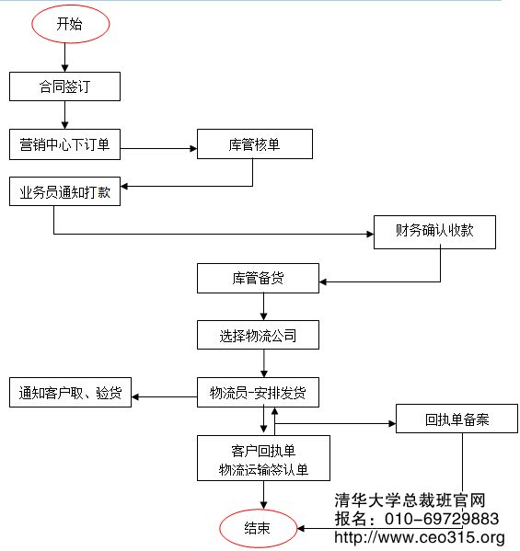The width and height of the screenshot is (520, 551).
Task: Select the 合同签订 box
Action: (64, 86)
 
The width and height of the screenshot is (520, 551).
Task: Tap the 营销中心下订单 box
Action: (64, 143)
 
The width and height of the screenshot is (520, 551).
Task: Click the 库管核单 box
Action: (255, 143)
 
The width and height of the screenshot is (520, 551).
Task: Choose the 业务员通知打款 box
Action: (64, 191)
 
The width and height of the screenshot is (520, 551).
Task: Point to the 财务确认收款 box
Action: (434, 232)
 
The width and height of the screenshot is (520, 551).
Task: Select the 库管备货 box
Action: (258, 279)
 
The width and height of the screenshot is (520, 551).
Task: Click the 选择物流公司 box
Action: (258, 335)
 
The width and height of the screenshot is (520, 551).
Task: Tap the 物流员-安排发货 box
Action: (258, 393)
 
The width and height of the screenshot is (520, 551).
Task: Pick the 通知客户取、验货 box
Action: (70, 393)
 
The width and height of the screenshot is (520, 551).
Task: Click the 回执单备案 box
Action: (457, 420)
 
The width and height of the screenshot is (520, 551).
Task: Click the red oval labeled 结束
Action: (258, 528)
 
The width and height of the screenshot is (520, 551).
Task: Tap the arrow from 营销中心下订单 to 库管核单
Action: (159, 147)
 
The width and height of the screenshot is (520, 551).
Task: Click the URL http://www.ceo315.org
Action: (419, 537)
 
